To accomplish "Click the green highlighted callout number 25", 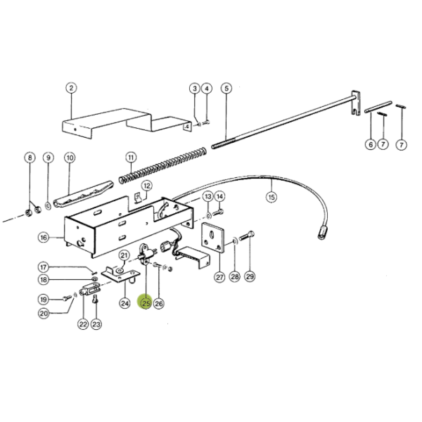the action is coord(146,302).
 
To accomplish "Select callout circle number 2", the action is coord(71,88).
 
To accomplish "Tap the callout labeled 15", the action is coord(271,197).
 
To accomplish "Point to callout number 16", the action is coord(44,238).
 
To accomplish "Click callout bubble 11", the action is coord(131,158).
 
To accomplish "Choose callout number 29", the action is coord(250,276).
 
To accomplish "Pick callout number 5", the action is coord(226,89).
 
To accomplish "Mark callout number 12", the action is coord(147,186).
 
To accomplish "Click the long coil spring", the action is coord(162,166).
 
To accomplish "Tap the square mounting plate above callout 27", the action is coord(212,238).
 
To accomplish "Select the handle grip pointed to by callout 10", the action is coord(84,194).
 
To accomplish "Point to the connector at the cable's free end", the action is coord(322,233).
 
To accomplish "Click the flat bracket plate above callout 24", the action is coord(120,274).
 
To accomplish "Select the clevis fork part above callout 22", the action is coord(90,290).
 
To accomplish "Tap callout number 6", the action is coord(371,144).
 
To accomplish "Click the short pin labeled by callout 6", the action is coord(378,107).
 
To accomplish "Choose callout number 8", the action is coord(30,158).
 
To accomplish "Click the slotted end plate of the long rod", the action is coord(355,103).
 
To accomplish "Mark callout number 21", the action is coord(124,255).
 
